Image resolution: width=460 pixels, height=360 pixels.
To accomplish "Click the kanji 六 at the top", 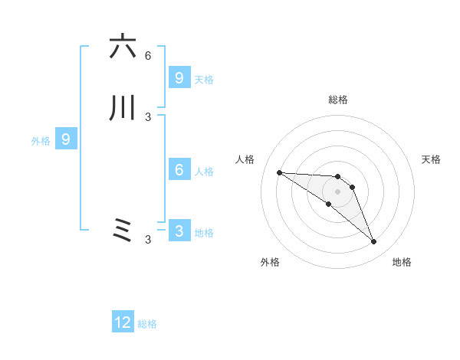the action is click(123, 47).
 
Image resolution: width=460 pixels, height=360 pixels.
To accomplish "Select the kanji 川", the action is click(123, 108).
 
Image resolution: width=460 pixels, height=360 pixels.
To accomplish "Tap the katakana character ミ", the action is click(123, 231).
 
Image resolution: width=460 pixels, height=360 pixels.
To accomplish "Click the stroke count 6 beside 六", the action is click(148, 56).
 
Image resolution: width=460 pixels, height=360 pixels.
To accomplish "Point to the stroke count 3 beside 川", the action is click(148, 117).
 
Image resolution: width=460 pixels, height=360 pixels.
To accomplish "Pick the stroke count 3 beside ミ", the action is click(148, 240).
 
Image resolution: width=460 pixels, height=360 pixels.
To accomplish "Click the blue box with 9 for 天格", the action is click(179, 78).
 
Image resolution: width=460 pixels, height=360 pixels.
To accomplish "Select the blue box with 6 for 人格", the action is click(179, 170).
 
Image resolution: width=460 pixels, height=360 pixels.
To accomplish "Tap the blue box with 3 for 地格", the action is click(179, 231).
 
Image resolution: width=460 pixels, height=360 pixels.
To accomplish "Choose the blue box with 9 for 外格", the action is click(66, 139).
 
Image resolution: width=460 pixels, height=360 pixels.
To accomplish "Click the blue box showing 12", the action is click(123, 322).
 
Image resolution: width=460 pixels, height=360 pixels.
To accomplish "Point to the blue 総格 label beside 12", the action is click(147, 324).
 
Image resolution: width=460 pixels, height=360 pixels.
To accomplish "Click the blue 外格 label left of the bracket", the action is click(41, 141).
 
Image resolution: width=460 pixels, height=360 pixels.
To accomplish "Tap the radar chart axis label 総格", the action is click(338, 100).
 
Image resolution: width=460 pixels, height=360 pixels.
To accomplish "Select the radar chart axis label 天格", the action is click(432, 159).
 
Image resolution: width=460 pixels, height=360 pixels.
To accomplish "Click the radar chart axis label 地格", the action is click(402, 262).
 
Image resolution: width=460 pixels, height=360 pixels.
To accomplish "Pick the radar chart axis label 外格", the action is click(270, 262).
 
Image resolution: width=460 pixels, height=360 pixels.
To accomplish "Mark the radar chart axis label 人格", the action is click(245, 159).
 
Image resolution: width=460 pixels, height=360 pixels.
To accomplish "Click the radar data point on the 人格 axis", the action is click(279, 172).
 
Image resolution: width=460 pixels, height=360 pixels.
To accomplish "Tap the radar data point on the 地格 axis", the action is click(373, 242).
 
